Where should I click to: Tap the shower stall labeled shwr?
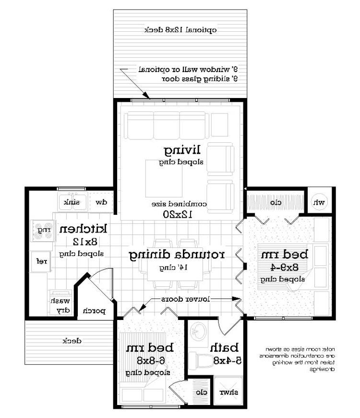tap(229, 392)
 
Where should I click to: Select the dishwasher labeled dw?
tap(101, 202)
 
